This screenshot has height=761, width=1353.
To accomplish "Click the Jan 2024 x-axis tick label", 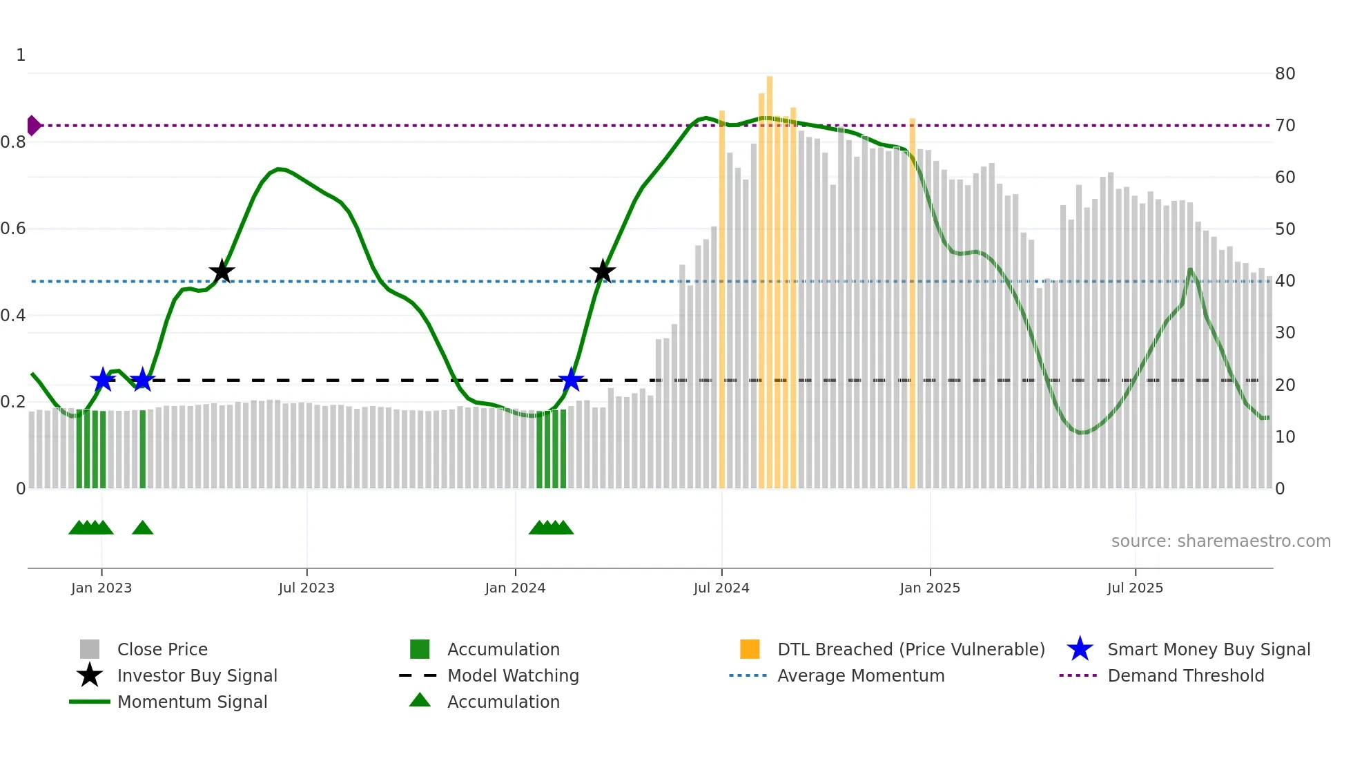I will pos(515,588).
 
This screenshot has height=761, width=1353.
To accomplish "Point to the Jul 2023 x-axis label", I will pos(306,588).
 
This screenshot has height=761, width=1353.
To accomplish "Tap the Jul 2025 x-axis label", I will pos(1135,588).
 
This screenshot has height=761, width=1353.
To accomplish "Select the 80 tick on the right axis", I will pos(1285,74).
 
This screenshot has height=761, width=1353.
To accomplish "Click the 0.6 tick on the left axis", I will pos(13,229).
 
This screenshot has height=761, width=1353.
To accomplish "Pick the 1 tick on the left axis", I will pos(21,55).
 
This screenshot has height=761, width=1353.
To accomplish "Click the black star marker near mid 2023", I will pos(222,272).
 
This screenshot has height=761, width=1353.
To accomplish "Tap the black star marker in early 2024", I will pos(603,272).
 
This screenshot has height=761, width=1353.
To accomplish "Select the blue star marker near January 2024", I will pos(571,380).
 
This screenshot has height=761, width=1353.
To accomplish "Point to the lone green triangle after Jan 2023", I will pos(142,528).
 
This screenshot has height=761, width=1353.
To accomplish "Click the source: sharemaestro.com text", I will pos(1220,541).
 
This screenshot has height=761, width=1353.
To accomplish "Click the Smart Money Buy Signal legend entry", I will pos(1208,650).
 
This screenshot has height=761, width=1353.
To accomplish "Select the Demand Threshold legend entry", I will pos(1185,676).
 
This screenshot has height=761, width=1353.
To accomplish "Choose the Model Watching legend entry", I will pos(512,676).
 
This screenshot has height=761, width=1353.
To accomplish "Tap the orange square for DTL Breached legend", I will pos(750,650).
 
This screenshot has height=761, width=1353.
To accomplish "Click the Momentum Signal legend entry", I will pos(192,702).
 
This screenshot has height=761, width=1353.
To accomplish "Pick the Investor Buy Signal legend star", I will pos(90,676).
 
